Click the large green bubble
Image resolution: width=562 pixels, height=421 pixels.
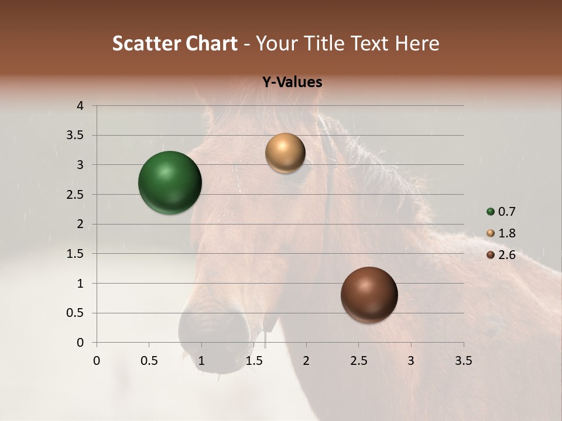(170, 182)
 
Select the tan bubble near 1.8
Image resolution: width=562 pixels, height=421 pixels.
(285, 153)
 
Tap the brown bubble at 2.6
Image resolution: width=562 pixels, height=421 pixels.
(369, 295)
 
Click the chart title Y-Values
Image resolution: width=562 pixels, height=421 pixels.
(292, 82)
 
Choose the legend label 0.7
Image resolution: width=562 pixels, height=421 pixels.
(506, 212)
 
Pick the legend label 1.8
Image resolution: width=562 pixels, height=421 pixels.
(506, 233)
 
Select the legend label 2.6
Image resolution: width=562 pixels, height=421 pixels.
(506, 255)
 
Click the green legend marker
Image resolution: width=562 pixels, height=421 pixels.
(491, 212)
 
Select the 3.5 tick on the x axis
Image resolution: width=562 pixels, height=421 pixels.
(463, 361)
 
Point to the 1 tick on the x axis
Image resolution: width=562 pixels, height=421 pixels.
(201, 361)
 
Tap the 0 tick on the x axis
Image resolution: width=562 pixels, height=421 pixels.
(97, 361)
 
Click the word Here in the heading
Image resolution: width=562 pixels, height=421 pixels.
(417, 43)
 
